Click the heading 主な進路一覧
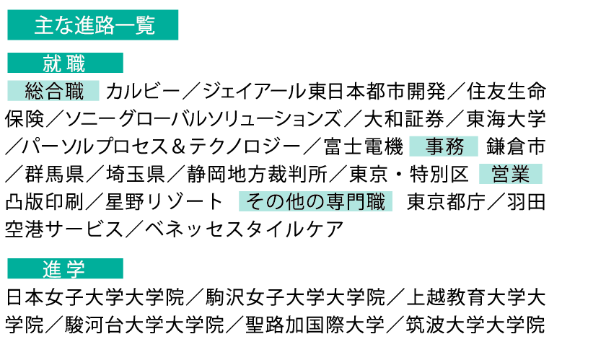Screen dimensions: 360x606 point(93,26)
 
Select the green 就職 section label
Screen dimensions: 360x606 point(65,63)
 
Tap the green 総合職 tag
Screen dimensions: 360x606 point(54,91)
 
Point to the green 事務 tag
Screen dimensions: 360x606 point(444,146)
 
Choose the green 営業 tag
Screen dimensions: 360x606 point(510,174)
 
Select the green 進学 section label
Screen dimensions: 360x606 point(65,269)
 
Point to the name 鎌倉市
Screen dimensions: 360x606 point(515,147)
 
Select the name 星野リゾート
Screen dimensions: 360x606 point(165,202)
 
